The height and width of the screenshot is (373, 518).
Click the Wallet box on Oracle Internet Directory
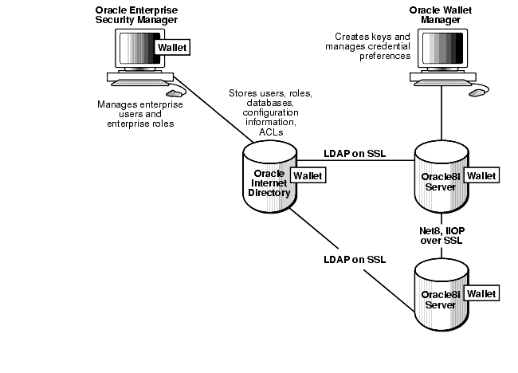[308, 175]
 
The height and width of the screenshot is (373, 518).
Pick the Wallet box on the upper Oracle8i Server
[481, 175]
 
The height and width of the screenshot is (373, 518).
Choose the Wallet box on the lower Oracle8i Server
[481, 294]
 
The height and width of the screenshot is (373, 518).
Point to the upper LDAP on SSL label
[355, 153]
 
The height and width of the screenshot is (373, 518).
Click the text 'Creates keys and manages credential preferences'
[372, 46]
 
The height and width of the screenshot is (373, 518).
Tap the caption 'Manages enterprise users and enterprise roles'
[139, 114]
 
